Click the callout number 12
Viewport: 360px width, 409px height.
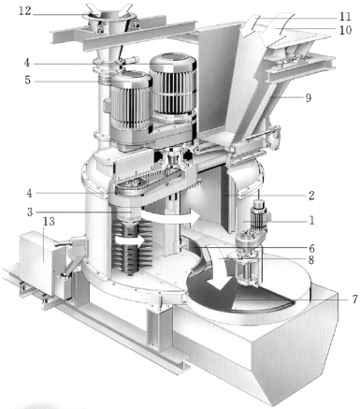(x=25, y=11)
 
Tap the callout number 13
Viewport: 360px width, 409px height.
(x=49, y=222)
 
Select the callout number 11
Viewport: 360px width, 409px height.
(x=345, y=16)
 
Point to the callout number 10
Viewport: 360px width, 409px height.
(x=345, y=30)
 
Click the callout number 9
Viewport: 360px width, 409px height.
(x=309, y=98)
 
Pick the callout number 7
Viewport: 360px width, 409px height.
(x=354, y=299)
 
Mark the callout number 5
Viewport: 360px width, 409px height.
(x=27, y=80)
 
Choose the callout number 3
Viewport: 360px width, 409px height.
(x=30, y=212)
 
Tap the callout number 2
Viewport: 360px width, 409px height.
(x=311, y=196)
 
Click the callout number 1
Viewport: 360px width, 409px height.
(x=311, y=221)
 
